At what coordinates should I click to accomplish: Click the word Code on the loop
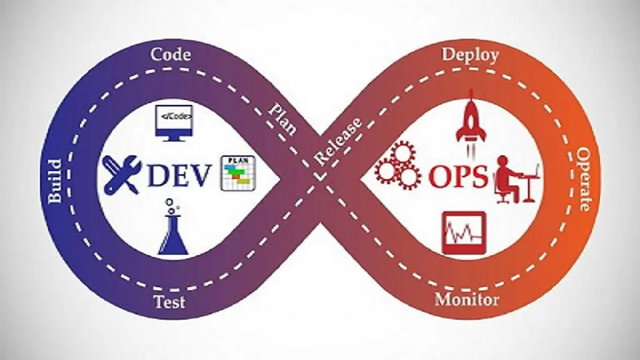click(171, 54)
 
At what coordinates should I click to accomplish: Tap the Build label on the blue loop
click(55, 181)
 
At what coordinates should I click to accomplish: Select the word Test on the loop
click(169, 301)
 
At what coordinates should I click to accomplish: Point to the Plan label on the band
click(282, 117)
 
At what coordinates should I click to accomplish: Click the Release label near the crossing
click(338, 142)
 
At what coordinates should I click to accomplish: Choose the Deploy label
click(471, 55)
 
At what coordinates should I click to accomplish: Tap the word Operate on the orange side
click(584, 180)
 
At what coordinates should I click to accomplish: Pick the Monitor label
click(467, 299)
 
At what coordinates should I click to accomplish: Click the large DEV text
click(179, 176)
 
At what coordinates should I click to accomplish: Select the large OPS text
click(458, 176)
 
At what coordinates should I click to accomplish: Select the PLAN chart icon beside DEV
click(238, 173)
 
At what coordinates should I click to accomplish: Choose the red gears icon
click(397, 166)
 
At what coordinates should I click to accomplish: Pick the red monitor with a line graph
click(463, 232)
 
